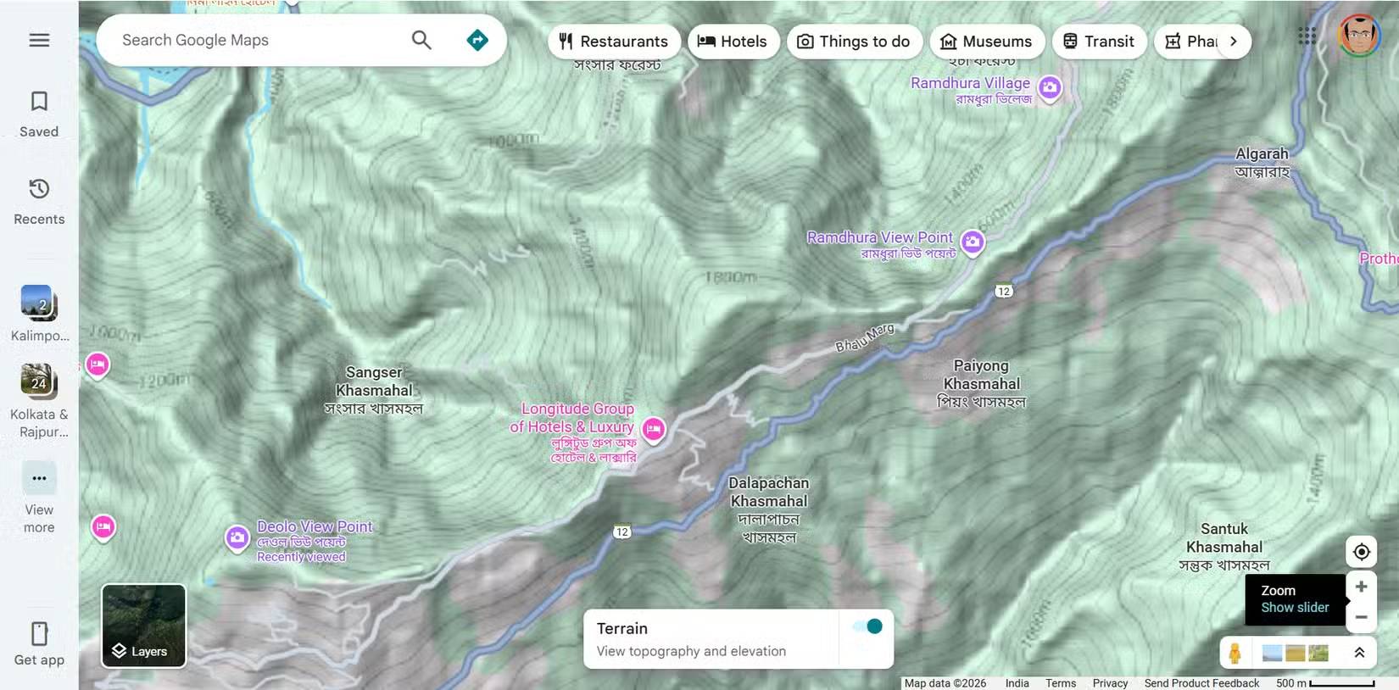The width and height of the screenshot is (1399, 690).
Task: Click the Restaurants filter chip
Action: [x=614, y=42]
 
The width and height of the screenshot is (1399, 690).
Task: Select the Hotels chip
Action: [x=733, y=42]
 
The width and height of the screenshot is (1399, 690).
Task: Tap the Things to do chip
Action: [x=854, y=42]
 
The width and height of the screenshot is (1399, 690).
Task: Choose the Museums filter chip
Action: [x=986, y=42]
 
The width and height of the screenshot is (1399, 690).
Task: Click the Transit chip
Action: [x=1099, y=42]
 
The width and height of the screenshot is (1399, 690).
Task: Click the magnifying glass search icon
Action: [x=421, y=40]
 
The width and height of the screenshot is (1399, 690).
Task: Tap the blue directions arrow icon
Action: [x=477, y=40]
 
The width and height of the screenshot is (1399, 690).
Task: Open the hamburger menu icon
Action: [x=39, y=40]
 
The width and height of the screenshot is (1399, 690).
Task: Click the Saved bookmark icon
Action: [x=39, y=102]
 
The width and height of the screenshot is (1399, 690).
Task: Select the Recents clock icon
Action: [x=39, y=188]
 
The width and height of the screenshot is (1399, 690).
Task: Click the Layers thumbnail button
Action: [x=143, y=626]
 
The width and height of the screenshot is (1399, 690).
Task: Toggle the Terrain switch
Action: [x=868, y=626]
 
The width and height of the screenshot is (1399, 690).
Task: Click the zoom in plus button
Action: [x=1361, y=587]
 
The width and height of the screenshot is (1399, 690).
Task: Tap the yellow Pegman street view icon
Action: [x=1235, y=653]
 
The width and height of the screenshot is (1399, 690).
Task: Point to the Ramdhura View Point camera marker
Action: [x=973, y=242]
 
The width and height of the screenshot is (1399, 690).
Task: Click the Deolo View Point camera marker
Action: [x=237, y=537]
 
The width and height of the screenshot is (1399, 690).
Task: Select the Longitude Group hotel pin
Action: [x=653, y=429]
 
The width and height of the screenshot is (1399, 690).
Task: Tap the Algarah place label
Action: [x=1262, y=154]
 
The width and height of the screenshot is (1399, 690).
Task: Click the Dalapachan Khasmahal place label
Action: [x=769, y=492]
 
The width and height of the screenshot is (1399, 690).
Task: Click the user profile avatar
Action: [x=1359, y=36]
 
